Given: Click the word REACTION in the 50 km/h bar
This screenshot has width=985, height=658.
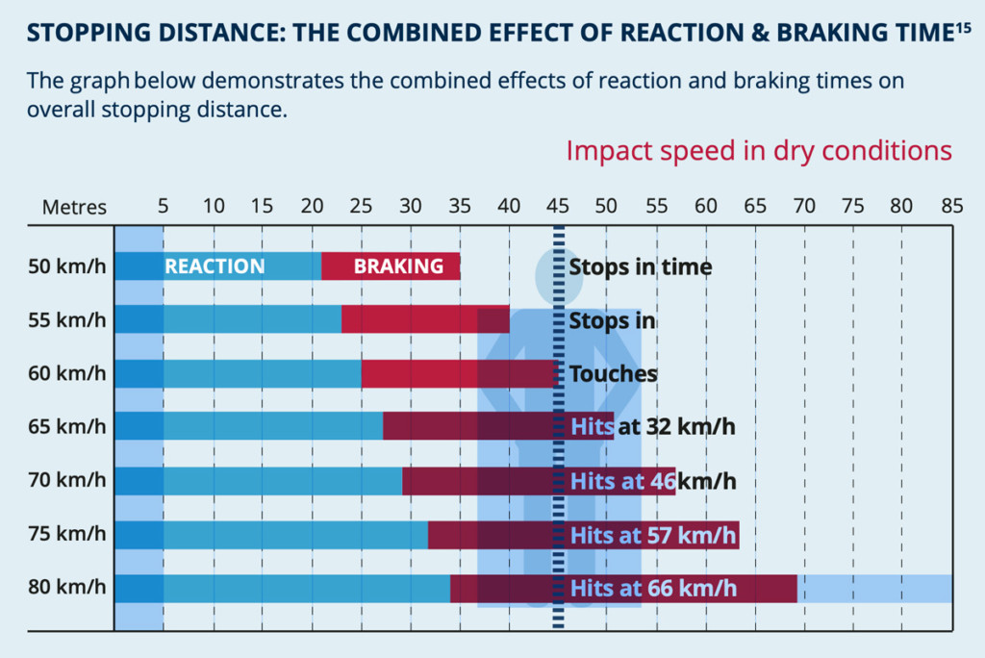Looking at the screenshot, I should click(215, 266).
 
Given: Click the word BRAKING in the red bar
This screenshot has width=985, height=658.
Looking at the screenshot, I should click(398, 266).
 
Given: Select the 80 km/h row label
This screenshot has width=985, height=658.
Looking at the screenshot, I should click(66, 587).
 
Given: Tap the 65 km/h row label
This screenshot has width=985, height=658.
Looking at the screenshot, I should click(66, 426).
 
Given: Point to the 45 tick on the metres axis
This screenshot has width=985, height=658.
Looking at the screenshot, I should click(557, 206).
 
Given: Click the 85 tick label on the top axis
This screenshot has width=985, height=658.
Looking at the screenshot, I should click(951, 206).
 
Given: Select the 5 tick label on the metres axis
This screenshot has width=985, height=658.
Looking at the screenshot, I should click(163, 206).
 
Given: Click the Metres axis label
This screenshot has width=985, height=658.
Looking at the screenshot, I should click(74, 207).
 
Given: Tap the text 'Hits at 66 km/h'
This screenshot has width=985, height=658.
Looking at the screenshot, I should click(653, 588).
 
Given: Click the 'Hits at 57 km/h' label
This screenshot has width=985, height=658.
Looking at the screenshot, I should click(653, 535).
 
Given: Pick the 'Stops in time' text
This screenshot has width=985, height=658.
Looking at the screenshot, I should click(640, 266).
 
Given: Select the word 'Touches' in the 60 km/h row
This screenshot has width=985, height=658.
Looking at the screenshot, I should click(613, 373).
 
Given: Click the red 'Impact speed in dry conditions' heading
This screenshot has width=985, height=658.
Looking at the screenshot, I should click(759, 151).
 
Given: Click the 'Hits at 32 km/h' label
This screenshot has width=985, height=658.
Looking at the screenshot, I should click(652, 426).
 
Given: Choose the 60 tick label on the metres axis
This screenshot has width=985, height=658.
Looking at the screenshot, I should click(705, 206).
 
